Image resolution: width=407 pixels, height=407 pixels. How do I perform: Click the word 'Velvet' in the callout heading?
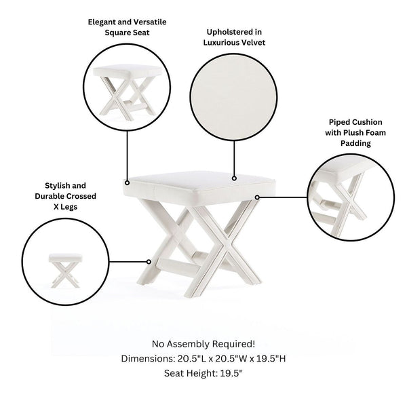[253, 43]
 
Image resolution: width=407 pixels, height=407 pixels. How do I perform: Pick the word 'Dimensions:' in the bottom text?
[148, 359]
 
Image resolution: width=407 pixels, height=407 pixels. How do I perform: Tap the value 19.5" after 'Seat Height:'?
[231, 374]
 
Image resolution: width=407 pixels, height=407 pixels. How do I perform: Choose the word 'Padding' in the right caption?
[355, 144]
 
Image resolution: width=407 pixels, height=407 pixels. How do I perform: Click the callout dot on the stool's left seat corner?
[128, 183]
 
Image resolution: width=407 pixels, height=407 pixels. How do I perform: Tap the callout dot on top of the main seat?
[234, 178]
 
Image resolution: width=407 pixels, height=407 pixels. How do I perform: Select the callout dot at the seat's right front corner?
[257, 197]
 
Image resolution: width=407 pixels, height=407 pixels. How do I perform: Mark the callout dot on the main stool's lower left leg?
[149, 262]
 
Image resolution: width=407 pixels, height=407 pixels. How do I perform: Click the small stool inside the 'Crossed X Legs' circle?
[65, 271]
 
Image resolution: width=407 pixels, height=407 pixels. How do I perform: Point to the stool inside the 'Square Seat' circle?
[128, 93]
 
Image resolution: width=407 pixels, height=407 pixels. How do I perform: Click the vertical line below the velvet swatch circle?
[234, 158]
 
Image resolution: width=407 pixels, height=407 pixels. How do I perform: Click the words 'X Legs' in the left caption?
[65, 207]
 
